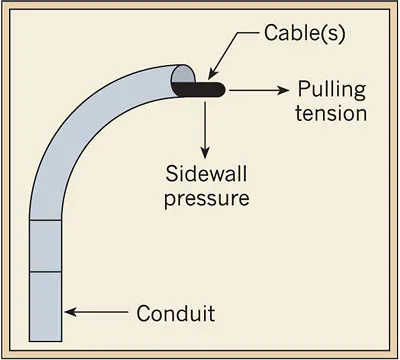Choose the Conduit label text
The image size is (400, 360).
click(175, 314)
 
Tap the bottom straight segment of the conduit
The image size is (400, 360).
click(48, 305)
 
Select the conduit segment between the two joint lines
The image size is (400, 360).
click(48, 246)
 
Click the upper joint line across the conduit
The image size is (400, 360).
click(48, 220)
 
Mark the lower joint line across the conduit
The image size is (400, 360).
click(48, 272)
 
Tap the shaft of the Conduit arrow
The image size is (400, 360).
click(100, 313)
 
